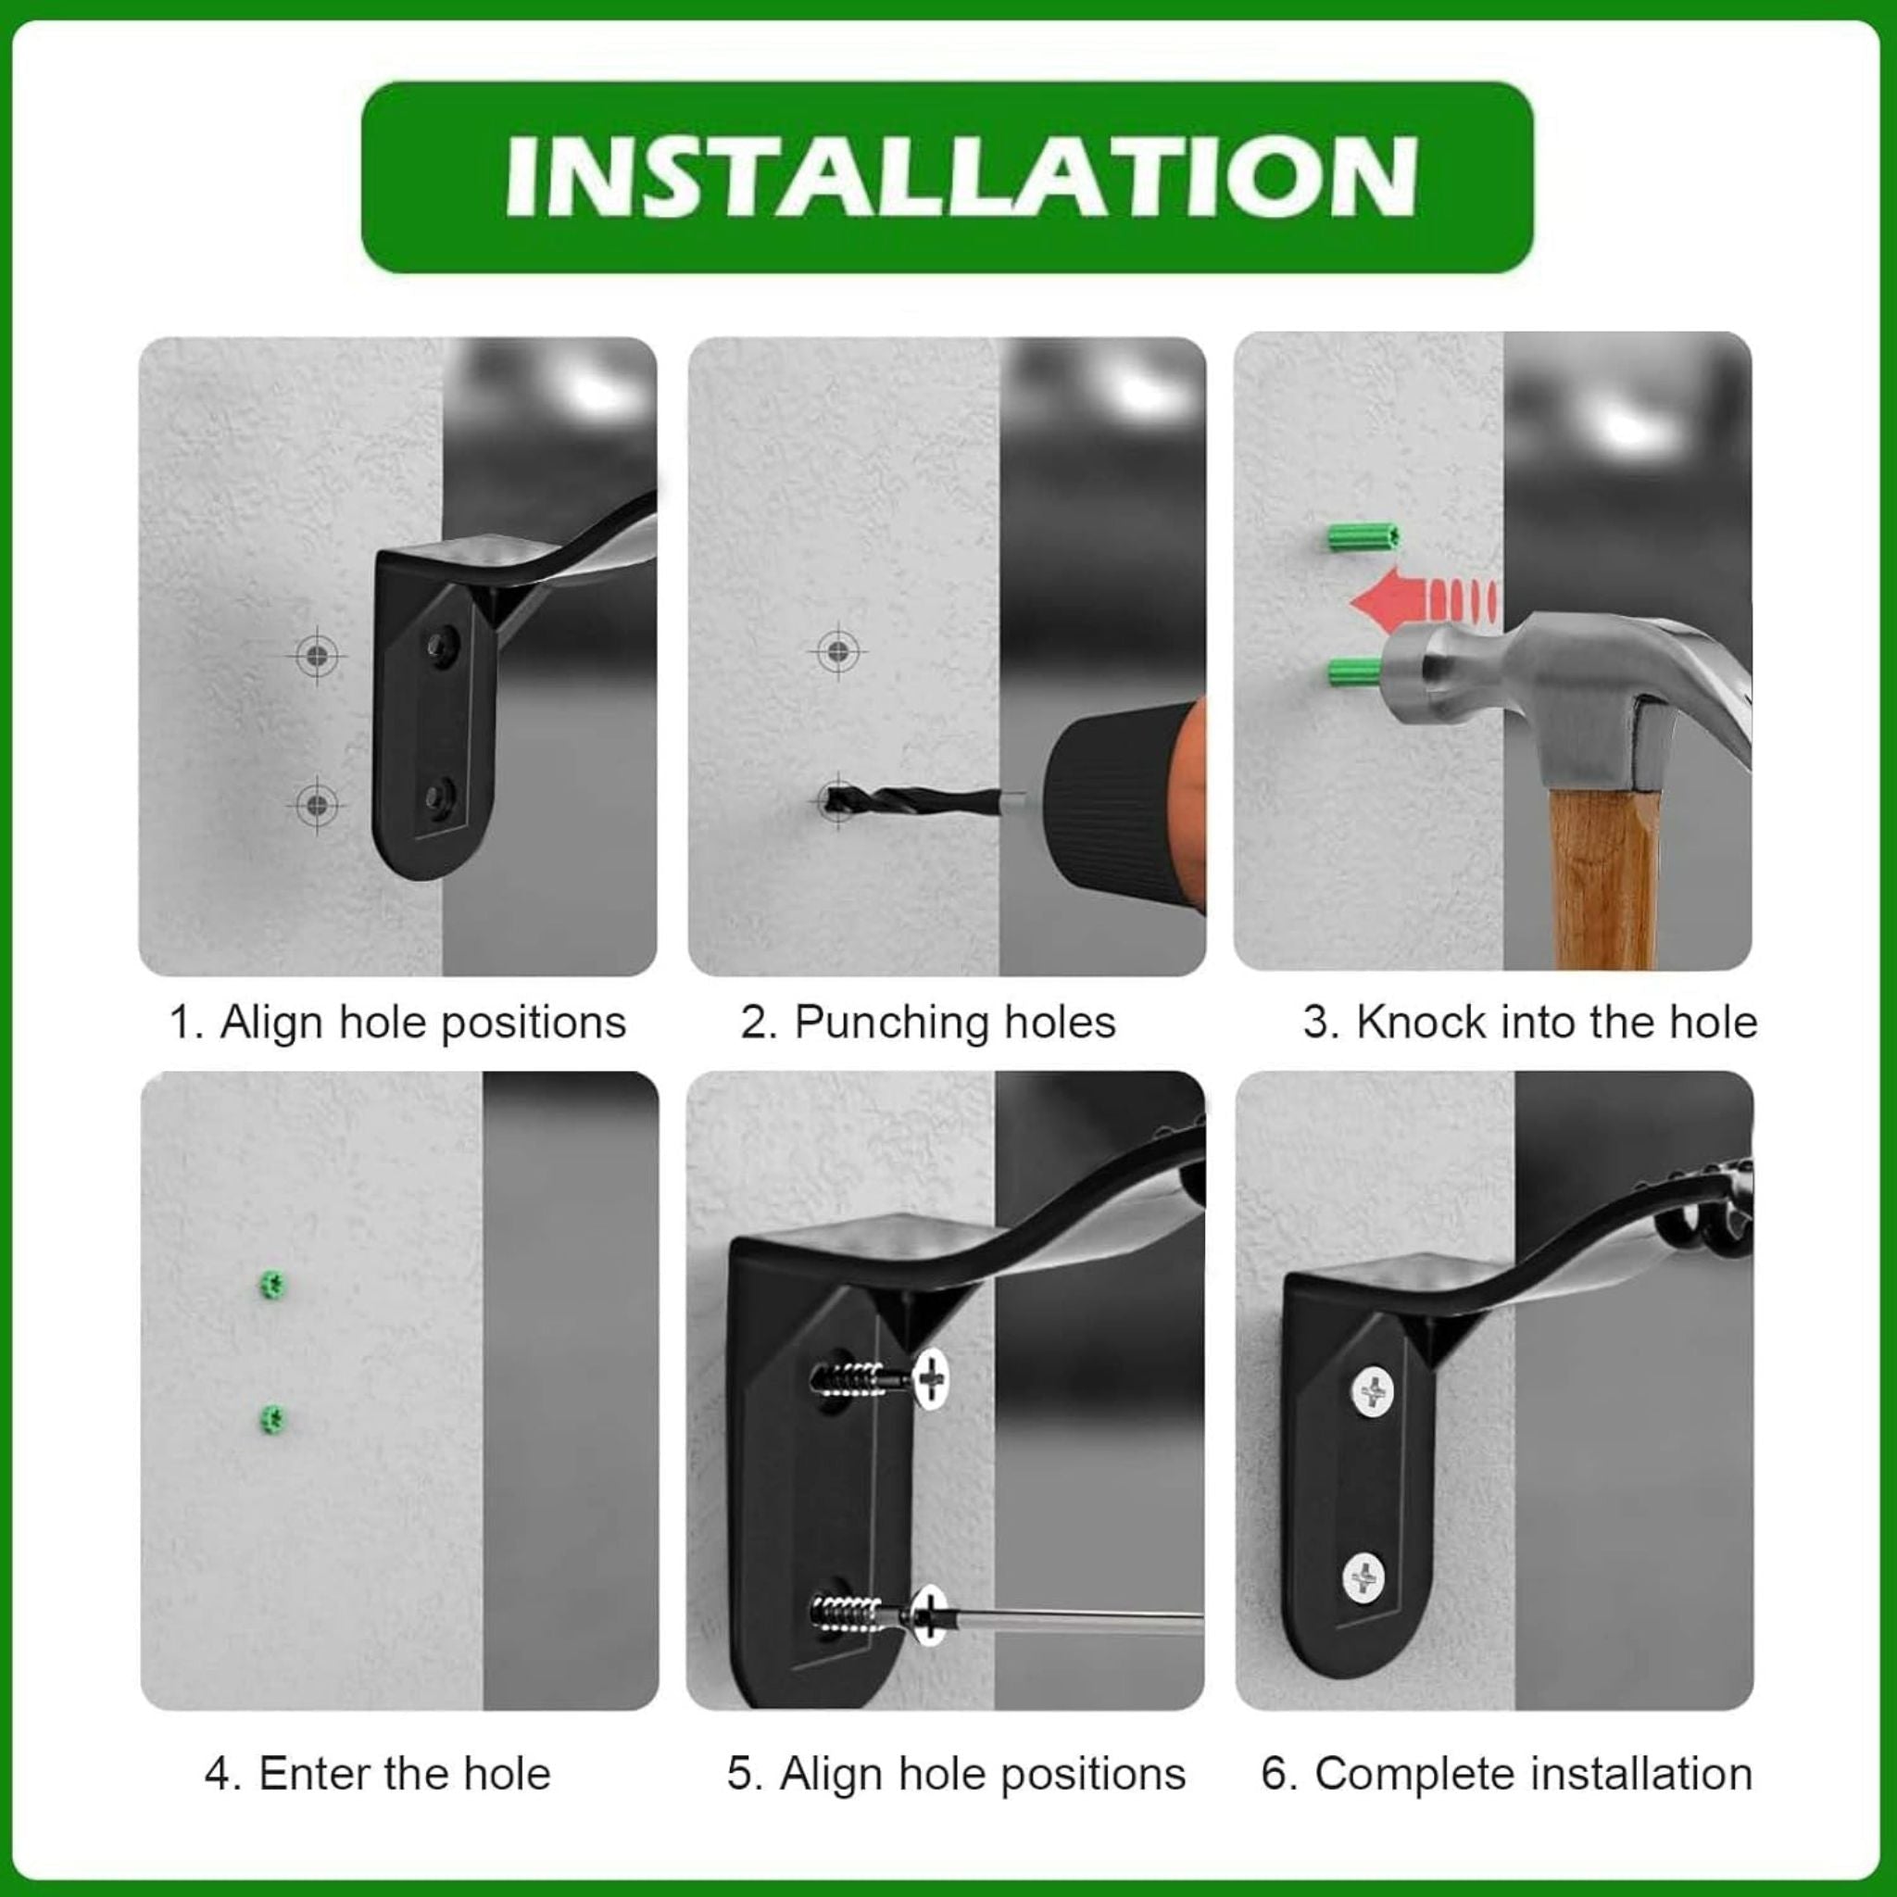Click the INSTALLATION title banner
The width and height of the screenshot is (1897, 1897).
click(x=948, y=177)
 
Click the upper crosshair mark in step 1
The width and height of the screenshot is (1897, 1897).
click(x=317, y=654)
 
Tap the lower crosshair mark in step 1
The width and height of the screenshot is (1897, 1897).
click(x=316, y=805)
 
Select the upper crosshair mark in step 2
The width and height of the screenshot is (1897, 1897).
click(x=837, y=651)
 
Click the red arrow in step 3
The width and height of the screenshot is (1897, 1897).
click(x=1423, y=600)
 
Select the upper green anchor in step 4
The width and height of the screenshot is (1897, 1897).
click(x=272, y=1283)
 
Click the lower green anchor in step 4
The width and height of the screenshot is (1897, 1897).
click(x=272, y=1419)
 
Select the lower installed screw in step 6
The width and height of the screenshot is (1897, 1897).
click(x=1364, y=1580)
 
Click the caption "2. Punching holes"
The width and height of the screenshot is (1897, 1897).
click(x=928, y=1024)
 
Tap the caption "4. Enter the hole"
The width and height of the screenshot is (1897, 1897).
click(x=378, y=1774)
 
